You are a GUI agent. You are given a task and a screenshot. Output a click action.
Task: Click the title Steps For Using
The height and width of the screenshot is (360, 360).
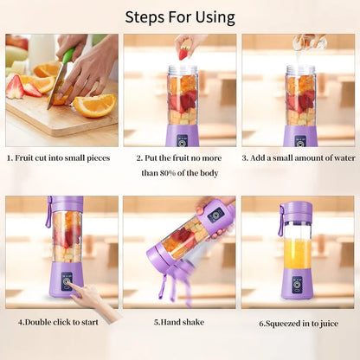(x=180, y=16)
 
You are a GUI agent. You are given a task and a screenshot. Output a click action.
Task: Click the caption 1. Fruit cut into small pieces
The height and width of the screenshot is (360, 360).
(x=60, y=158)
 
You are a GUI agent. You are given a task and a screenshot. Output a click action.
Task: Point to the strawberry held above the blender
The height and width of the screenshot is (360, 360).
(x=183, y=53)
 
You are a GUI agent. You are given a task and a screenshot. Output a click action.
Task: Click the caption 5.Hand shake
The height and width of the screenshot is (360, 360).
(x=179, y=322)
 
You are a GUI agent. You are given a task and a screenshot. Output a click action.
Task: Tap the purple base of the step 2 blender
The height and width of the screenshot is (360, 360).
(x=182, y=134)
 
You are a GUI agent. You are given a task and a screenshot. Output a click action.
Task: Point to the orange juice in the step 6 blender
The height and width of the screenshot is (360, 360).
(x=297, y=253)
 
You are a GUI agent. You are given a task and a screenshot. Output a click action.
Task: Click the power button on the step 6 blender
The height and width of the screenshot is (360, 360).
(x=297, y=283)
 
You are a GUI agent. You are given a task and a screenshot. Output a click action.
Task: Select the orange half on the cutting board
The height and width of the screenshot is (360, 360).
(x=94, y=104)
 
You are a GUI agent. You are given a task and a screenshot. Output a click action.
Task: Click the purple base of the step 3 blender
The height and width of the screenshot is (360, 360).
(x=300, y=134)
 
